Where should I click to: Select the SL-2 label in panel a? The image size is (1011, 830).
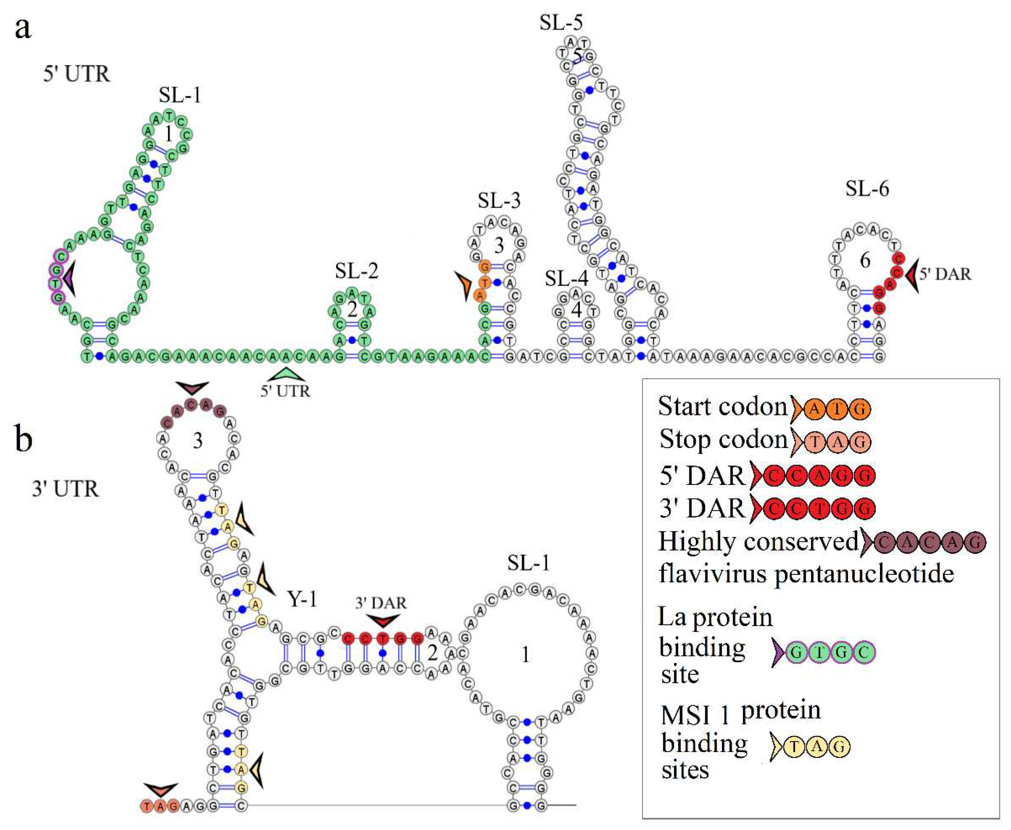point(356,271)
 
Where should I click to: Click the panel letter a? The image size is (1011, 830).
point(23,28)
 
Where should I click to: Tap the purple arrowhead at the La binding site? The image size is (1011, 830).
point(70,277)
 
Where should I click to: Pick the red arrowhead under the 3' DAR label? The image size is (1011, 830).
point(383,620)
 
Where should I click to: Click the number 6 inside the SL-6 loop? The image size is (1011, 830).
point(865,261)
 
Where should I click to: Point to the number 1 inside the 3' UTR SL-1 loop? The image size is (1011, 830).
point(525,654)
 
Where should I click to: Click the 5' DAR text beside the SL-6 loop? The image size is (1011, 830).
point(945,275)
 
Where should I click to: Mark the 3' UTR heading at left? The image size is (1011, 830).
point(65,489)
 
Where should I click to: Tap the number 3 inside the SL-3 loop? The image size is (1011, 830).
point(499,246)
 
